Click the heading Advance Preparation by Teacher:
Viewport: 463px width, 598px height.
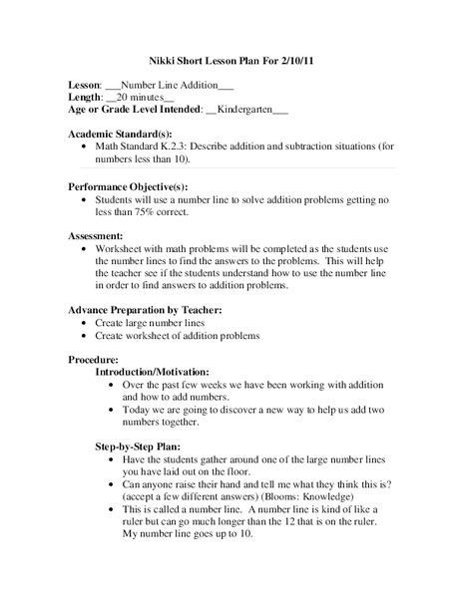pos(144,310)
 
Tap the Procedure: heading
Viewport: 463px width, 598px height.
pos(93,359)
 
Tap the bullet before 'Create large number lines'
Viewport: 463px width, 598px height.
pos(81,323)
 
